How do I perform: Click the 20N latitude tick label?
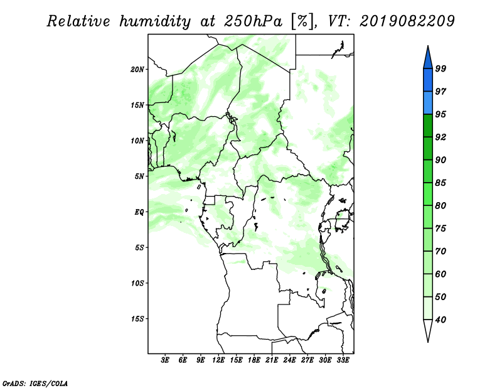[x=137, y=70]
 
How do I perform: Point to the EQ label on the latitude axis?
[x=139, y=212]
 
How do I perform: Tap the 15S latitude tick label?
[x=137, y=319]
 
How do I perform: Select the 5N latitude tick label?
[x=139, y=176]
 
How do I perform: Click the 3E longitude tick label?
[x=165, y=360]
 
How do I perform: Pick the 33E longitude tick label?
[x=343, y=360]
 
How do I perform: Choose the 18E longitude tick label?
[x=254, y=360]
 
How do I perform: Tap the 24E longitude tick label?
[x=289, y=360]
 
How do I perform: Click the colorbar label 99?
[x=441, y=68]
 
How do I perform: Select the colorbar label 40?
[x=441, y=320]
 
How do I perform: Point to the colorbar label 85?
[x=441, y=183]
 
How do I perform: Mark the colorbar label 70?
[x=441, y=251]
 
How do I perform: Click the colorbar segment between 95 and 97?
[x=428, y=103]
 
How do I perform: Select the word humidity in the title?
[x=156, y=21]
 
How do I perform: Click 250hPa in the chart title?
[x=254, y=21]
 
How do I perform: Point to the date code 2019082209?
[x=407, y=21]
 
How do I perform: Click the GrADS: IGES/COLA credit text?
[x=35, y=383]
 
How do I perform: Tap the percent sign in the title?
[x=302, y=22]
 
